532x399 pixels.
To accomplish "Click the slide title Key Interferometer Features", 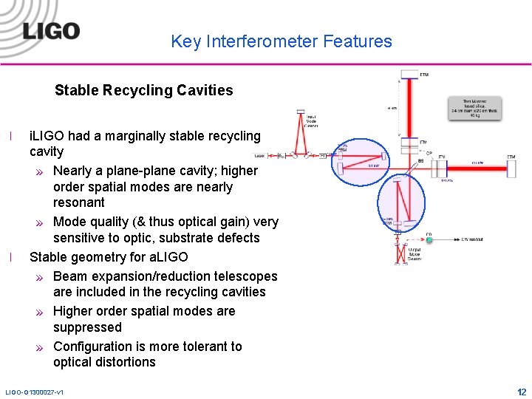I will tap(282, 41).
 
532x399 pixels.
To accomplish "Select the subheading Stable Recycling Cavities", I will tap(143, 91).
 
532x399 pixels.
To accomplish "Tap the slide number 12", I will tap(522, 392).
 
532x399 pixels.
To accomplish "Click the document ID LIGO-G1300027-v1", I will tap(34, 392).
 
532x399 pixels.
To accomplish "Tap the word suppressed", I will tap(87, 327).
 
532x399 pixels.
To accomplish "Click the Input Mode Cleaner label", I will tap(312, 120).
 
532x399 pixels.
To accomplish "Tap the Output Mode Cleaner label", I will tap(415, 254).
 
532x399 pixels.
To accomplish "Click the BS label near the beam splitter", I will tap(420, 160).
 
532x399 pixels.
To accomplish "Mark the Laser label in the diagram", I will tap(259, 156).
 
